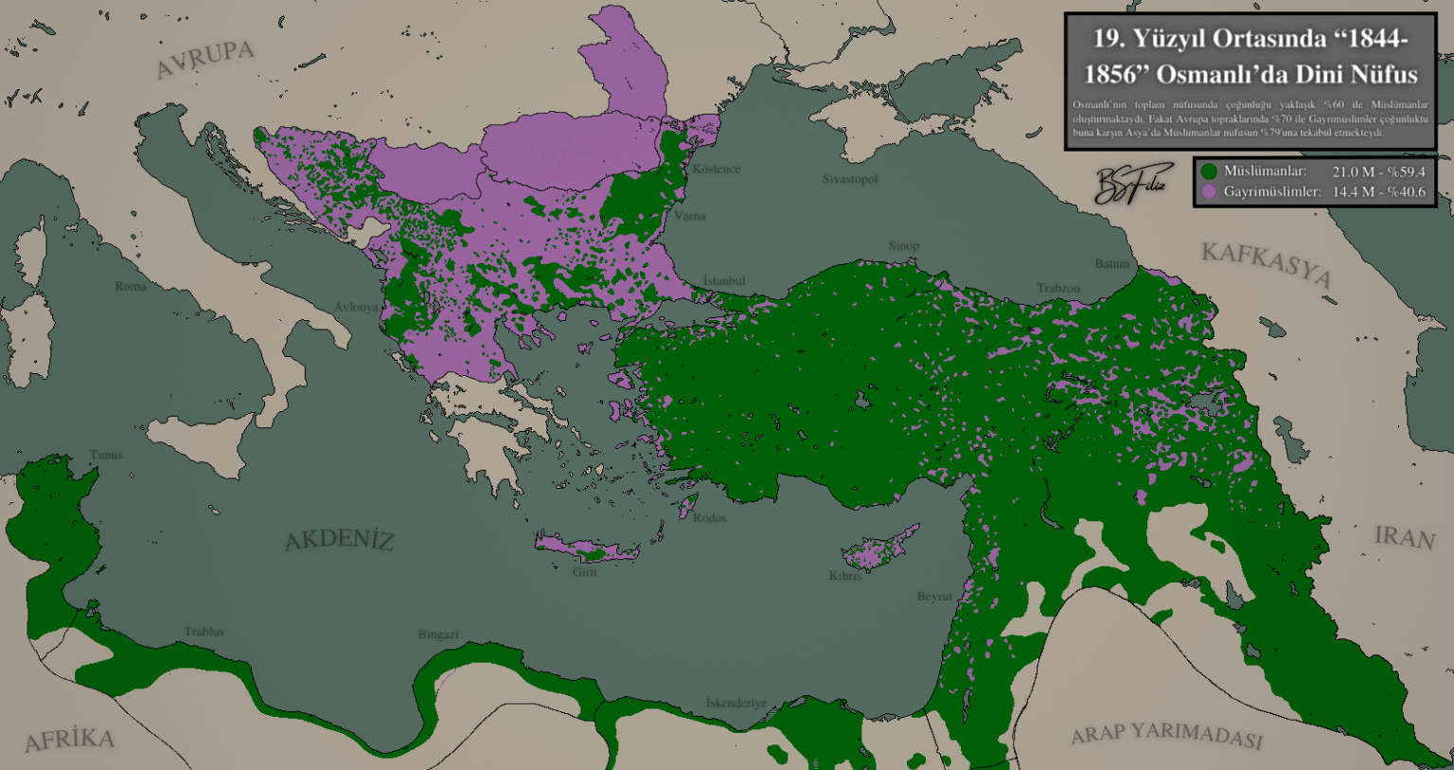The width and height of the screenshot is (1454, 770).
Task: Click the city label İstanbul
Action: click(x=724, y=281)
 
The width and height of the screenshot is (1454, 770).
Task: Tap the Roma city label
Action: click(x=131, y=286)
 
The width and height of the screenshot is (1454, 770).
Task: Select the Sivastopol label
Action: click(x=849, y=179)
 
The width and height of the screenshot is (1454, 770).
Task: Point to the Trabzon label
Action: click(x=1057, y=288)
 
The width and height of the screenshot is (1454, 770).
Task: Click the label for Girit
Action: click(x=584, y=572)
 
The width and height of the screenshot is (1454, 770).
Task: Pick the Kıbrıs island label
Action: click(x=844, y=576)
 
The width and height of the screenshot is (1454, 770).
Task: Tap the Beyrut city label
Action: click(x=934, y=597)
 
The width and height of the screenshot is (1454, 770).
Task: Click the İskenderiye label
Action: click(x=736, y=703)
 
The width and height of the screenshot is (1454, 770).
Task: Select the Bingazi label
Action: click(x=437, y=635)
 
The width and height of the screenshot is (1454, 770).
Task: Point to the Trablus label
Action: click(x=204, y=632)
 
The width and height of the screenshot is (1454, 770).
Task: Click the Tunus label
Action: click(x=106, y=455)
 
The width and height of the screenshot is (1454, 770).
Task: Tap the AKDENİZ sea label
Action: click(x=339, y=540)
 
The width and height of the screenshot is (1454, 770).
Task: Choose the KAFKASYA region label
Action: click(x=1267, y=263)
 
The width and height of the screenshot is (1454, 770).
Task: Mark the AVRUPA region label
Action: click(x=204, y=59)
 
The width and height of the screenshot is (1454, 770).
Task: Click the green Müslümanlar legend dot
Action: click(x=1209, y=171)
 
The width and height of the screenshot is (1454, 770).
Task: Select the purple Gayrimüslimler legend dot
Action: click(x=1209, y=191)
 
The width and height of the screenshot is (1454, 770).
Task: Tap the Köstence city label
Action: click(x=716, y=169)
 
